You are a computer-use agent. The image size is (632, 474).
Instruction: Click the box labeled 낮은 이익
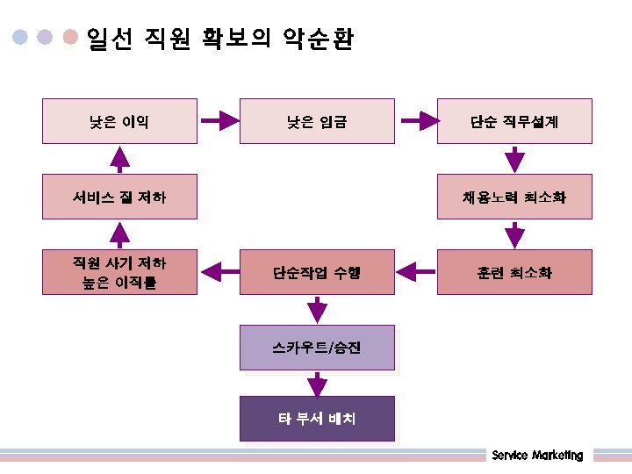coord(119,121)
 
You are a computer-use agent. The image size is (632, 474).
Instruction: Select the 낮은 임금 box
coord(317,121)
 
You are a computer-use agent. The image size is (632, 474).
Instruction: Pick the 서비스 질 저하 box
coord(119,197)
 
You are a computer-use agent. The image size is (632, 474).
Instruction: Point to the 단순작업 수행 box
coord(317,272)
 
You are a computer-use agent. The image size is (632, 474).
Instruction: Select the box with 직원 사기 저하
coord(119,272)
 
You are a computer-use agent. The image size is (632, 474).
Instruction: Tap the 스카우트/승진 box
coord(317,348)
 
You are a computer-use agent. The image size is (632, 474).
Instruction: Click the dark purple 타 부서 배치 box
coord(317,419)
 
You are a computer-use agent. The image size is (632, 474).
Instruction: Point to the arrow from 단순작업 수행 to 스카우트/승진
coord(317,310)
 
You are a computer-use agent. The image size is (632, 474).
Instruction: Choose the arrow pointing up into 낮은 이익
coord(119,159)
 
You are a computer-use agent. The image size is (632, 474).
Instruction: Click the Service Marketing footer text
coord(537,456)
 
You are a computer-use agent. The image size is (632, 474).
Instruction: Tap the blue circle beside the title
coord(20,38)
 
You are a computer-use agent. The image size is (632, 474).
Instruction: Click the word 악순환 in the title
coord(318,39)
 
